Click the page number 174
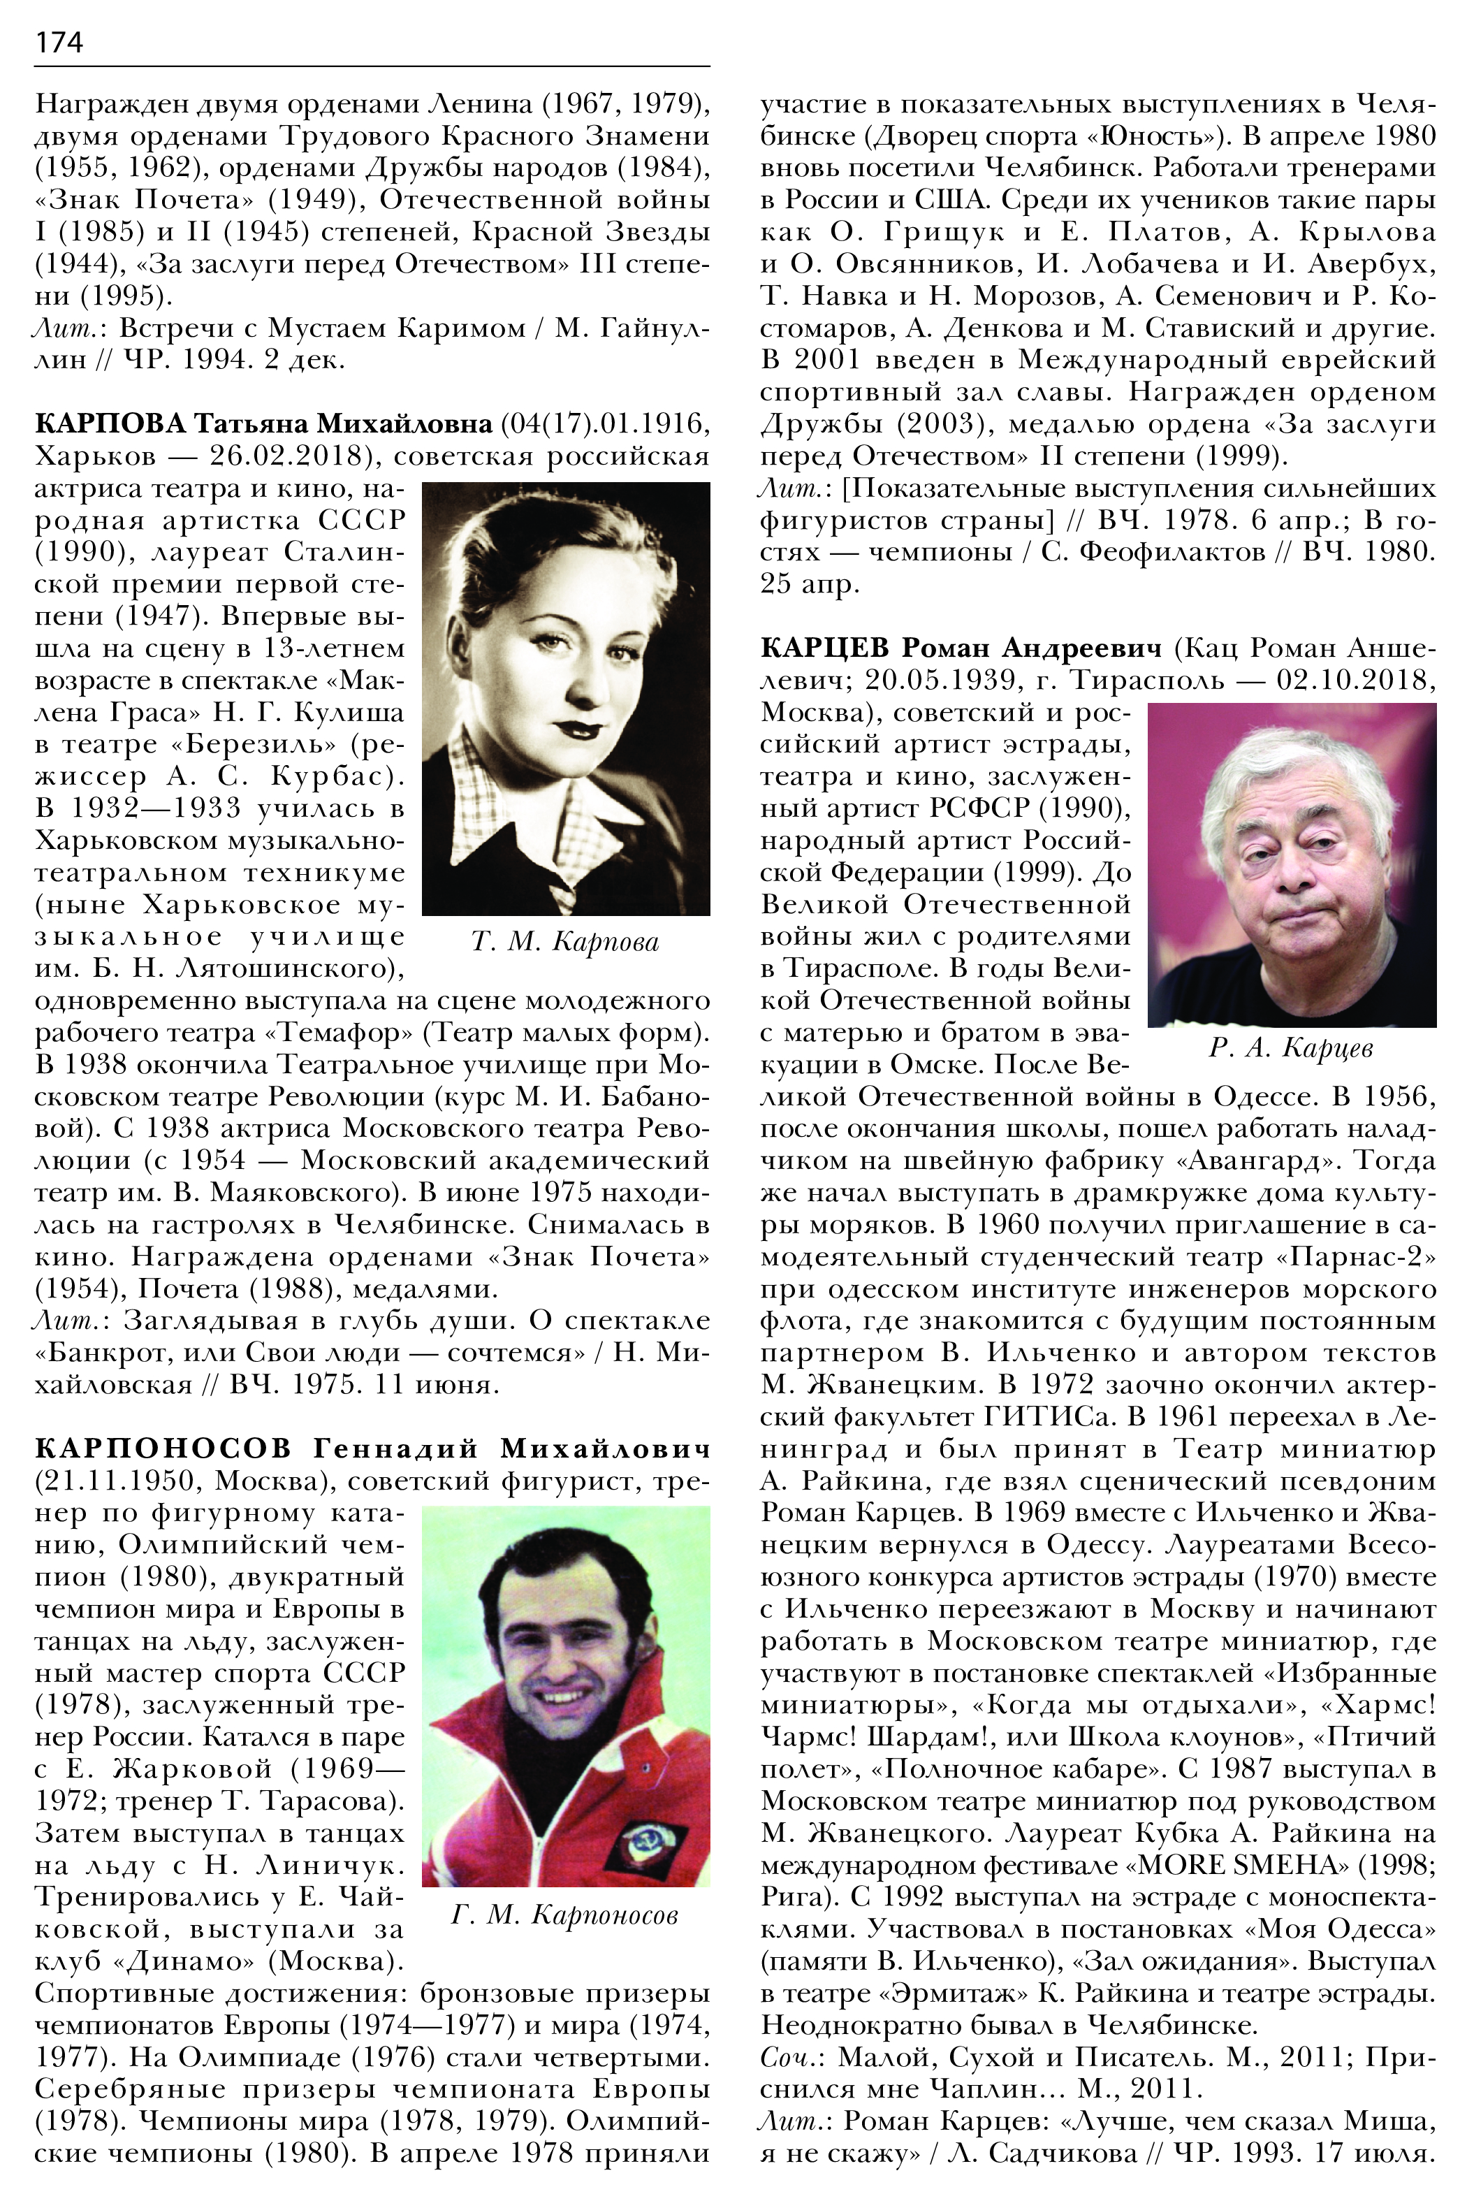click(x=58, y=42)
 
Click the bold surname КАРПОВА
click(x=110, y=424)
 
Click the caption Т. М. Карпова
click(x=565, y=941)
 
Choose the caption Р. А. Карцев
click(x=1291, y=1048)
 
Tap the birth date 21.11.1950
click(x=115, y=1481)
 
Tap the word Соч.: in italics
click(x=791, y=2058)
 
